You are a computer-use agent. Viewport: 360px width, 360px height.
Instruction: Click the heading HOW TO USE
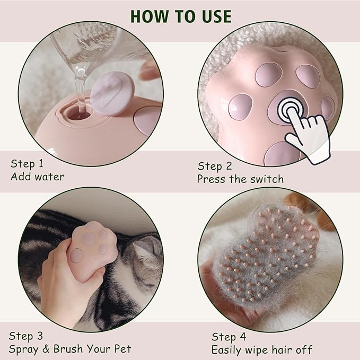click(181, 16)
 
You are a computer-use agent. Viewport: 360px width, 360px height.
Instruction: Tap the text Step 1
click(27, 164)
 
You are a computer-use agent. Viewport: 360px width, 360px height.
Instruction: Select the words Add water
click(38, 177)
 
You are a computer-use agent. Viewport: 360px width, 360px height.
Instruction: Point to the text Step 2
click(215, 166)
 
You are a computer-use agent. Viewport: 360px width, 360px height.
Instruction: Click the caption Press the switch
click(240, 179)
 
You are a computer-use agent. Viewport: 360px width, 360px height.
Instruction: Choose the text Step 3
click(25, 336)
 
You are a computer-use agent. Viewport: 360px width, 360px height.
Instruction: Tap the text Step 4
click(229, 337)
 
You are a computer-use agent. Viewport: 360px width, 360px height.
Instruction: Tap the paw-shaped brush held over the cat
click(92, 251)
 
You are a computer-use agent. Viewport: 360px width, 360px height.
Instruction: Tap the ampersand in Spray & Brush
click(46, 349)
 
